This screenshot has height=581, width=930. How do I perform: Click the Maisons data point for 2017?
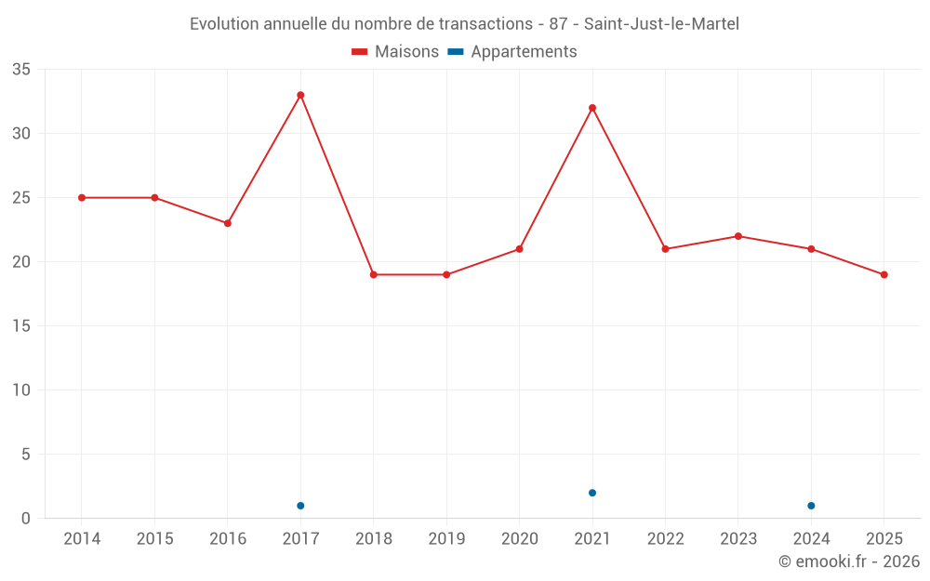tap(300, 95)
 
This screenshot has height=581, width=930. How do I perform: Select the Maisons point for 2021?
tap(592, 108)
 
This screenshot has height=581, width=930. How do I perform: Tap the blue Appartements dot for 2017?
tap(300, 506)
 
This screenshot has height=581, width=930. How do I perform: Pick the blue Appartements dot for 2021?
tap(592, 493)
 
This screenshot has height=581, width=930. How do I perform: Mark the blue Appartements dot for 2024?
tap(811, 506)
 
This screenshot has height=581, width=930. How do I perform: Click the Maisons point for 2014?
tap(82, 198)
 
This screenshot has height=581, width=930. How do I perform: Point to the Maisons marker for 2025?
tap(883, 275)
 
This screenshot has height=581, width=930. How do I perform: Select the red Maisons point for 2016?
tap(228, 223)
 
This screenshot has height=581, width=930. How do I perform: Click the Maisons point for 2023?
tap(737, 236)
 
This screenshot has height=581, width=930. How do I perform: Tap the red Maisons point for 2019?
tap(446, 275)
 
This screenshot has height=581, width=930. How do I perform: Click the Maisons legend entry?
tap(395, 52)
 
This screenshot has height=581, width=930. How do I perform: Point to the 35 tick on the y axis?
tap(21, 70)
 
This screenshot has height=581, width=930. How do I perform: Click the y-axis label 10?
tap(21, 390)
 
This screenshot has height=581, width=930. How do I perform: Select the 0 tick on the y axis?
tap(26, 519)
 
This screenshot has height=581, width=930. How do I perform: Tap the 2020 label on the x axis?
tap(519, 539)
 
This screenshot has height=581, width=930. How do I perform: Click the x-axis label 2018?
tap(373, 539)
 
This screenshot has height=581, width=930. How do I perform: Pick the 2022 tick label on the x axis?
tap(665, 539)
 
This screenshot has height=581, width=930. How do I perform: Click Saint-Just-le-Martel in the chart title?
tap(661, 24)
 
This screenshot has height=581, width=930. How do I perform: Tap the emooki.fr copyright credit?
tap(848, 561)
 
